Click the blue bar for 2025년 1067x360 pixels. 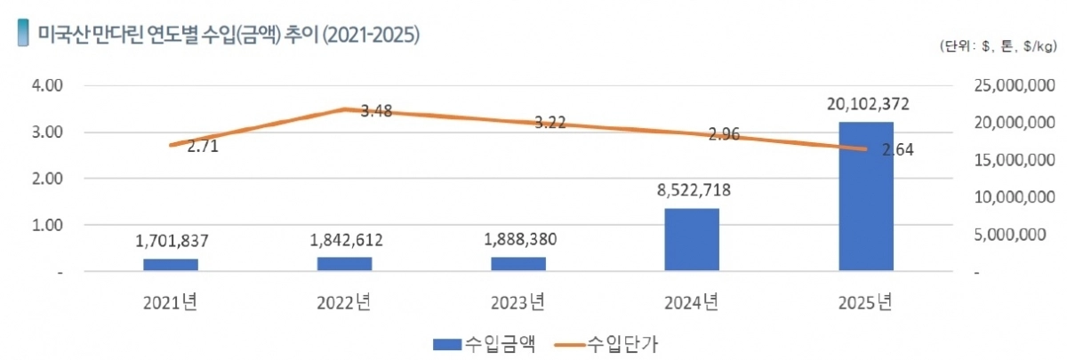tap(866, 196)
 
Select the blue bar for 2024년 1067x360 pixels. tap(692, 240)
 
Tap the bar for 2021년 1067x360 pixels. tap(171, 265)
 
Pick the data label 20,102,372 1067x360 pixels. tap(866, 105)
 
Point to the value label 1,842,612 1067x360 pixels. tap(344, 239)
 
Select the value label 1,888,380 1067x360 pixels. tap(518, 239)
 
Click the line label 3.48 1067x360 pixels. tap(377, 111)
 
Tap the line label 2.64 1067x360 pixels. tap(897, 150)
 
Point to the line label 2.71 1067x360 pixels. tap(203, 148)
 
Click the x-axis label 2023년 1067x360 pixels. tap(517, 302)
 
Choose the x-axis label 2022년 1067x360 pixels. tap(344, 302)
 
